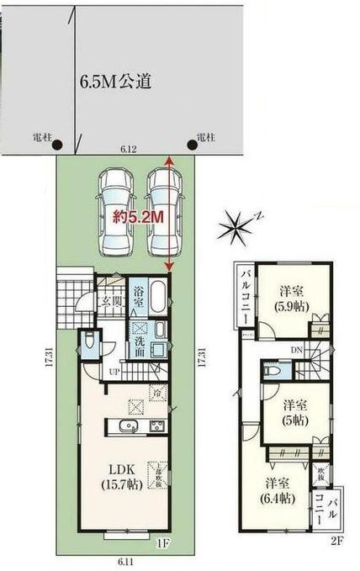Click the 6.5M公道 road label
[x=114, y=82]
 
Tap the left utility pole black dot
[x=56, y=144]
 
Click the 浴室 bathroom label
[x=140, y=301]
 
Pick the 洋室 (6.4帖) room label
[x=278, y=490]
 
